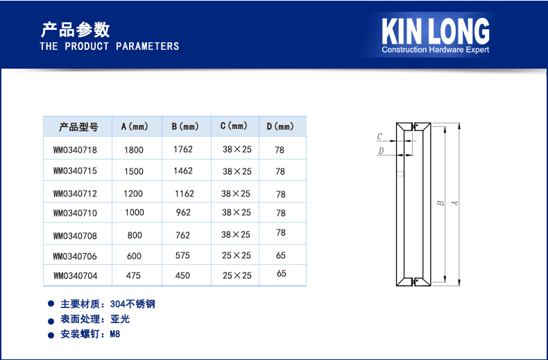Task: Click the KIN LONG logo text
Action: tap(436, 31)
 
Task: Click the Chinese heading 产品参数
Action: tap(75, 30)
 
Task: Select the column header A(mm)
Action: tap(135, 126)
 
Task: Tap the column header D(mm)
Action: tap(280, 126)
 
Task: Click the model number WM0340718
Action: tap(75, 150)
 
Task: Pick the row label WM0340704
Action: tap(76, 276)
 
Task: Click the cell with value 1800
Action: tap(134, 150)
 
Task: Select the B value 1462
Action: tap(183, 171)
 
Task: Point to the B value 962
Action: tap(183, 212)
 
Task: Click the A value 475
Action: tap(133, 276)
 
